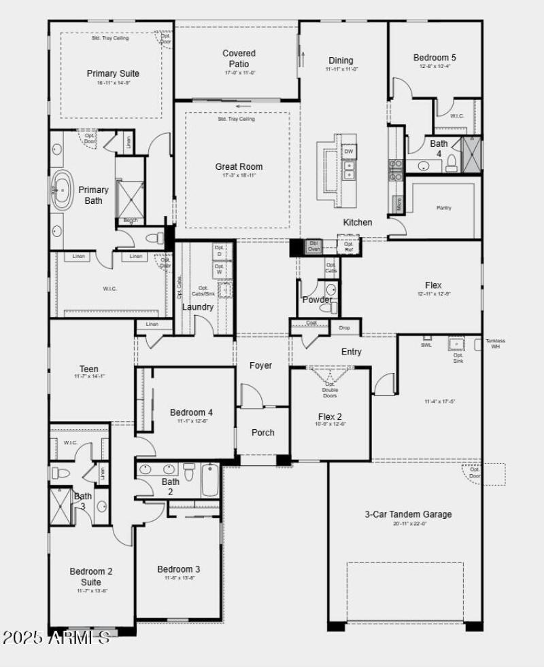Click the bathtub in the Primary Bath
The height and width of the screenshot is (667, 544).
point(63,190)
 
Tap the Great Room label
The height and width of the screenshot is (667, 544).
point(239,167)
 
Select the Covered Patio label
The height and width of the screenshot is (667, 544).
point(239,58)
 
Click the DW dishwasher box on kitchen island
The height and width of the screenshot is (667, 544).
point(349,151)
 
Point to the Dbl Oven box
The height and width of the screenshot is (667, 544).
point(313,246)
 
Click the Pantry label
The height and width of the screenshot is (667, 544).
point(443,208)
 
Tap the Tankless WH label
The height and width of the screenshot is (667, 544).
point(495,343)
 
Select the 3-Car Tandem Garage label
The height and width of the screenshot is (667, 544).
point(408,514)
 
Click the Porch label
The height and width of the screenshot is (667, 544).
point(263,433)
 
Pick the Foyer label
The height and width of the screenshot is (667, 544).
point(260,365)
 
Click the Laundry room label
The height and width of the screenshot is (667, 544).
point(198,307)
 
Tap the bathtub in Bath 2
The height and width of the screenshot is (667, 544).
point(210,480)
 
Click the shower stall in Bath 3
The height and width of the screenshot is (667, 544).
point(61,506)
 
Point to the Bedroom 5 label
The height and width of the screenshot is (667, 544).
point(435,58)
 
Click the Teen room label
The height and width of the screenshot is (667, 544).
point(89,369)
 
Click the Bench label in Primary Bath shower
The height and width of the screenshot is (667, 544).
point(130,220)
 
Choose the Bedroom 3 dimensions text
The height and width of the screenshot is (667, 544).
point(179,578)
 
